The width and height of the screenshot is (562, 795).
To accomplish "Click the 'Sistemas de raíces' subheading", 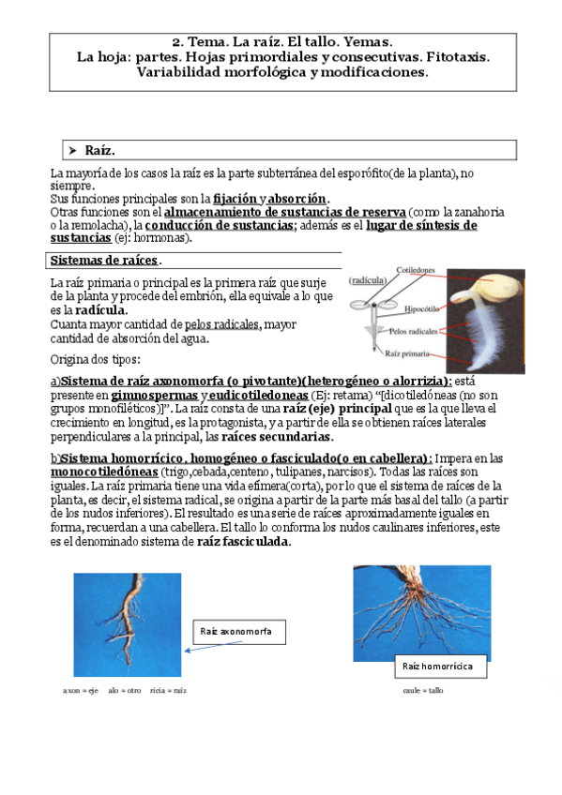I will point(103,260).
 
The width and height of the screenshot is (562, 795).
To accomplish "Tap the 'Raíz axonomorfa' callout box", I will point(235,632).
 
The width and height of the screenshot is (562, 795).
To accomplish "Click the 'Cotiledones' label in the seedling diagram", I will point(413,270).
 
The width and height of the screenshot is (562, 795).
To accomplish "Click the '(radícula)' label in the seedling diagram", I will point(366,280).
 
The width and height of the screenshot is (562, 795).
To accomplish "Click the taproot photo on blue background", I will point(127,624).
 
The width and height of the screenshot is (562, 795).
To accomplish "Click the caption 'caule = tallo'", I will point(423,690).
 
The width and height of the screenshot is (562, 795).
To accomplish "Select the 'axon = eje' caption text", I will point(81,690).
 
